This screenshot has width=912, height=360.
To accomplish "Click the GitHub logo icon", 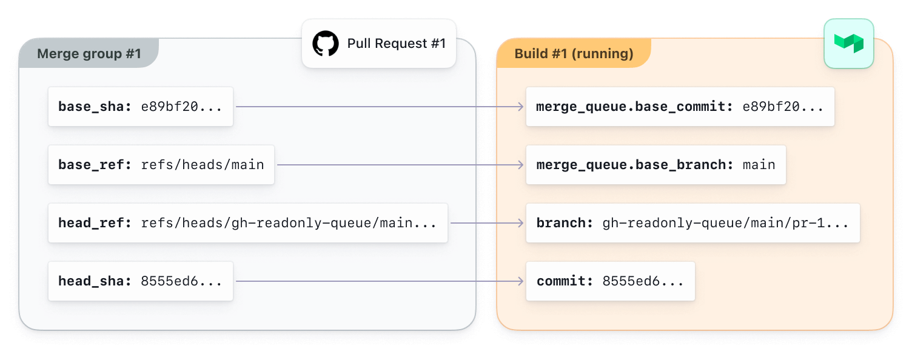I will [326, 44].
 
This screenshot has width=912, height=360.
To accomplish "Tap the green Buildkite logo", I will [848, 44].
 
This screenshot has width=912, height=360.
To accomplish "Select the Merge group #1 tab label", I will [89, 54].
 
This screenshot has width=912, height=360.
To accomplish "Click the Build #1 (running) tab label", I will [574, 54].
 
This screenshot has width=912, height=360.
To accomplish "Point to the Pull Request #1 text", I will [397, 44].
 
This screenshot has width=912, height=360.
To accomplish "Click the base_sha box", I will [141, 107].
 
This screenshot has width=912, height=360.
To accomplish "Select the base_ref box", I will [161, 165].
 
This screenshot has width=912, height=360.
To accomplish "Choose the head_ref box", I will [248, 223].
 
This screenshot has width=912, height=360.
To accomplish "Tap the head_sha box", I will [141, 281].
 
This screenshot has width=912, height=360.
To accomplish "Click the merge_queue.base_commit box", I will [680, 107].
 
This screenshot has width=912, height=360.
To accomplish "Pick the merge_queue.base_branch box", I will [655, 165].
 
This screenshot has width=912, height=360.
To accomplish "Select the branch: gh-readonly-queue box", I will [692, 223].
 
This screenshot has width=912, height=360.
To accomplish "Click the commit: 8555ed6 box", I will [610, 281].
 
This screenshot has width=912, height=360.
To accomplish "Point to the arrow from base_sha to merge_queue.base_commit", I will [380, 107].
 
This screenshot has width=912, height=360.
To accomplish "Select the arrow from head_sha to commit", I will [380, 281].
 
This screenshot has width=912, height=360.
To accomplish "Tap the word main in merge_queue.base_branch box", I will [759, 165].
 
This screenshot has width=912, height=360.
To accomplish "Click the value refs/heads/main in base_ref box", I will [203, 165].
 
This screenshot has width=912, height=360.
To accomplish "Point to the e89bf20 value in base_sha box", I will [181, 107].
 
